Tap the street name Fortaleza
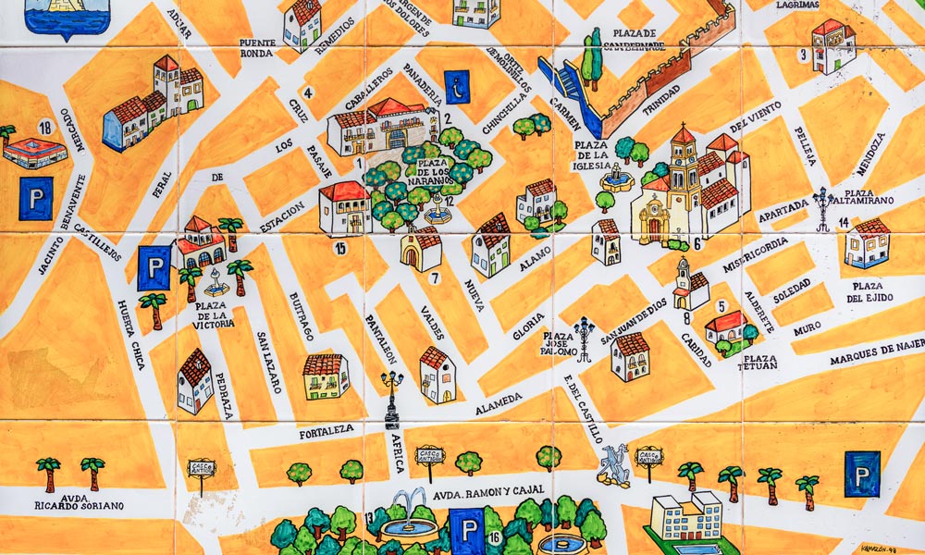tap(327, 430)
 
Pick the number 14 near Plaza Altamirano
tap(844, 223)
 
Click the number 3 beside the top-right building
tap(804, 55)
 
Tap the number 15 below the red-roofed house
tap(340, 247)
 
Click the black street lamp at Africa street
tap(392, 398)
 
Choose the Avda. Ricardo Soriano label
tap(79, 500)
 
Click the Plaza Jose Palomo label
tap(560, 344)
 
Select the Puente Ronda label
tap(257, 48)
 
